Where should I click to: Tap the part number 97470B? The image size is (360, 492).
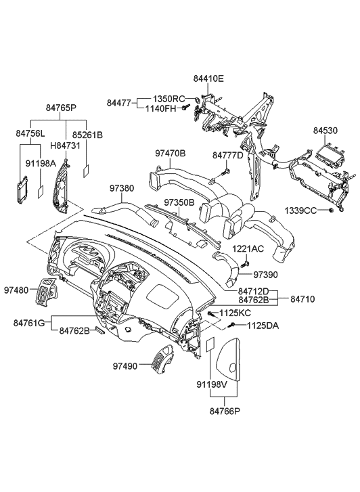point(171,154)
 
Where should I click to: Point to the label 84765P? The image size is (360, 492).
point(61,108)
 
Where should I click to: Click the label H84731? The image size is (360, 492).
point(66,145)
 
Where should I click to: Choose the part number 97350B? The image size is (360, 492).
point(179,202)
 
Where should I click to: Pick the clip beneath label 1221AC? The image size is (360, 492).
point(247,263)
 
